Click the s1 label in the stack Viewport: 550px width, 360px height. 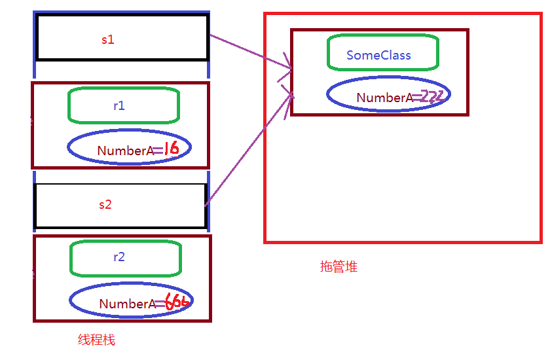108,39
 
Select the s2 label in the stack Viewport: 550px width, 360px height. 105,205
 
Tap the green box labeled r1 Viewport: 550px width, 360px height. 123,105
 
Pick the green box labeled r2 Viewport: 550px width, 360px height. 124,258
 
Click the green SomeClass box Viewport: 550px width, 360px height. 382,54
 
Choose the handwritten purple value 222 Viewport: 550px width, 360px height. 433,97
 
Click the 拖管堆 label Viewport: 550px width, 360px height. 339,267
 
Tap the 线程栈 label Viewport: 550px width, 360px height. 96,340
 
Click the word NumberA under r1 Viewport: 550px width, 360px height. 125,151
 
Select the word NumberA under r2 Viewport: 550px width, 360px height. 127,304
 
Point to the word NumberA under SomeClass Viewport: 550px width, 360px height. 384,98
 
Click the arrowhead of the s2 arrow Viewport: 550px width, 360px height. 291,98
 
